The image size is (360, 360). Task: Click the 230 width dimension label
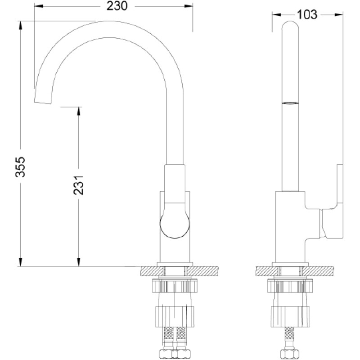117,6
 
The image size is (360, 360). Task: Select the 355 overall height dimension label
20,166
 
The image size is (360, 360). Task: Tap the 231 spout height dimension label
78,185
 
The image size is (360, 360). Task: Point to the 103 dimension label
307,14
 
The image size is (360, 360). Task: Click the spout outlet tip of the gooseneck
43,103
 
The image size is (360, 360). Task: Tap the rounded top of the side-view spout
290,25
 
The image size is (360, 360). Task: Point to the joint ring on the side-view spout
290,103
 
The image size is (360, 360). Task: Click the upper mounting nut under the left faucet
175,285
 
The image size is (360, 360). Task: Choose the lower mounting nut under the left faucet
175,316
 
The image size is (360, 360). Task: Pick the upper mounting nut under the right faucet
290,285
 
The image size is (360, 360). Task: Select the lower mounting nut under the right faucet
290,316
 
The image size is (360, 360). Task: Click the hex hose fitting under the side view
290,354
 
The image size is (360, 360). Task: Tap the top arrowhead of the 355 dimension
20,25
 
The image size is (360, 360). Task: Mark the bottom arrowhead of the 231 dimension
78,262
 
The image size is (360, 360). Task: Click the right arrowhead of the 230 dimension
188,6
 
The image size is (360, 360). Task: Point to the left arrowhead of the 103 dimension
276,15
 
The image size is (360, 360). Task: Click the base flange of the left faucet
175,264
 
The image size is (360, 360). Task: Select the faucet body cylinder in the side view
290,227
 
